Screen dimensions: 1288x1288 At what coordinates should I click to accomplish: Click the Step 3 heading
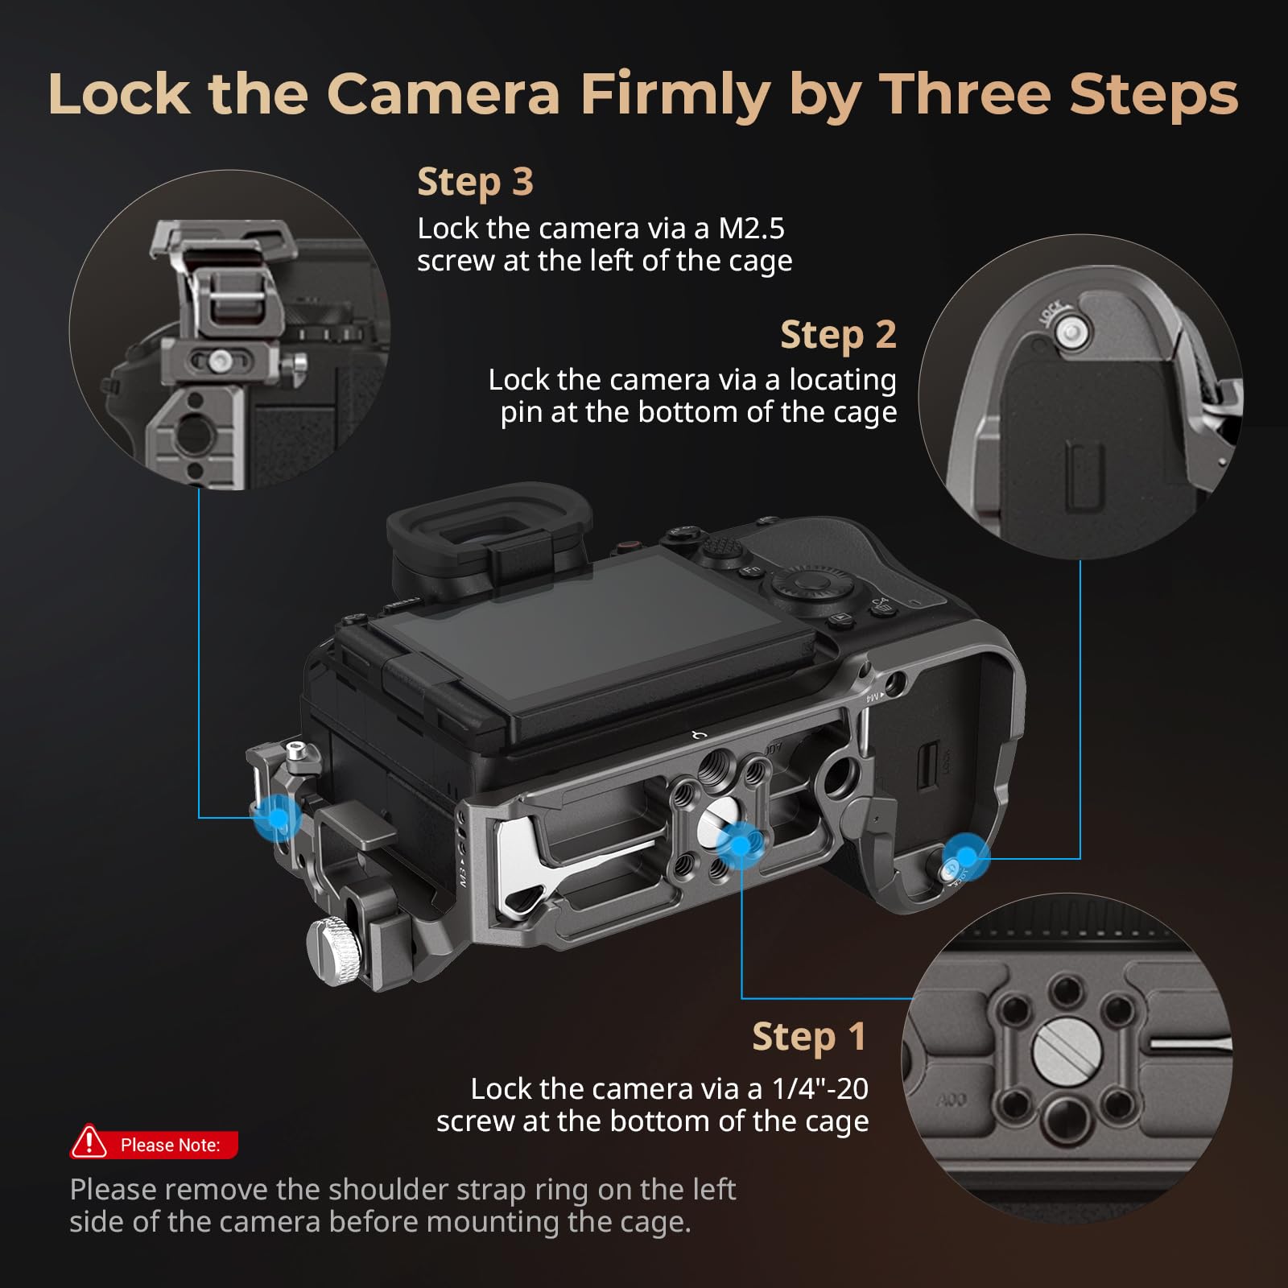coord(475,182)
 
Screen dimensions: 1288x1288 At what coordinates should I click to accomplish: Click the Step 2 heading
coord(838,335)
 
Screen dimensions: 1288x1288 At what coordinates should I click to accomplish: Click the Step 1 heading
coord(809,1037)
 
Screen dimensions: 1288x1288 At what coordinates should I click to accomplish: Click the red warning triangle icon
coord(89,1142)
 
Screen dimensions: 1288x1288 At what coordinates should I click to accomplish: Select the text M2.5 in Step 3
coord(750,229)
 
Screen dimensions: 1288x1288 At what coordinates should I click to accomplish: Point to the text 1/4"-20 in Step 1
coord(819,1089)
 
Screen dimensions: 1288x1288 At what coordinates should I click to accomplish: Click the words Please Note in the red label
coord(170,1145)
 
